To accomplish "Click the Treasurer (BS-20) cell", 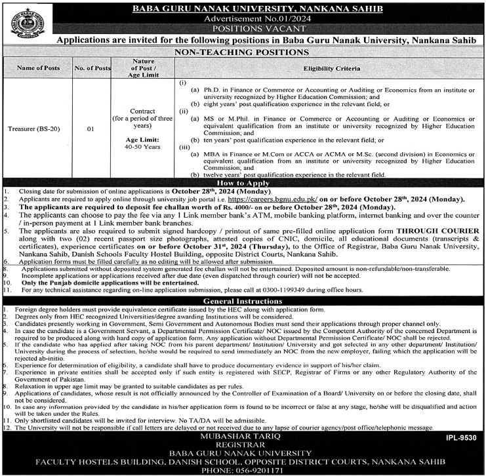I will coord(39,128).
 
